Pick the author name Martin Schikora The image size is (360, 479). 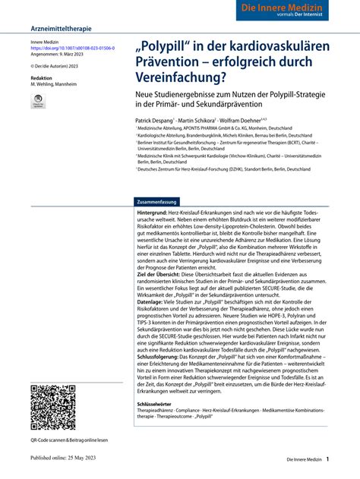coord(196,120)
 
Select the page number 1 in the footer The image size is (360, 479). coord(327,459)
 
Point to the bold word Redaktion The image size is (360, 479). coord(42,78)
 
